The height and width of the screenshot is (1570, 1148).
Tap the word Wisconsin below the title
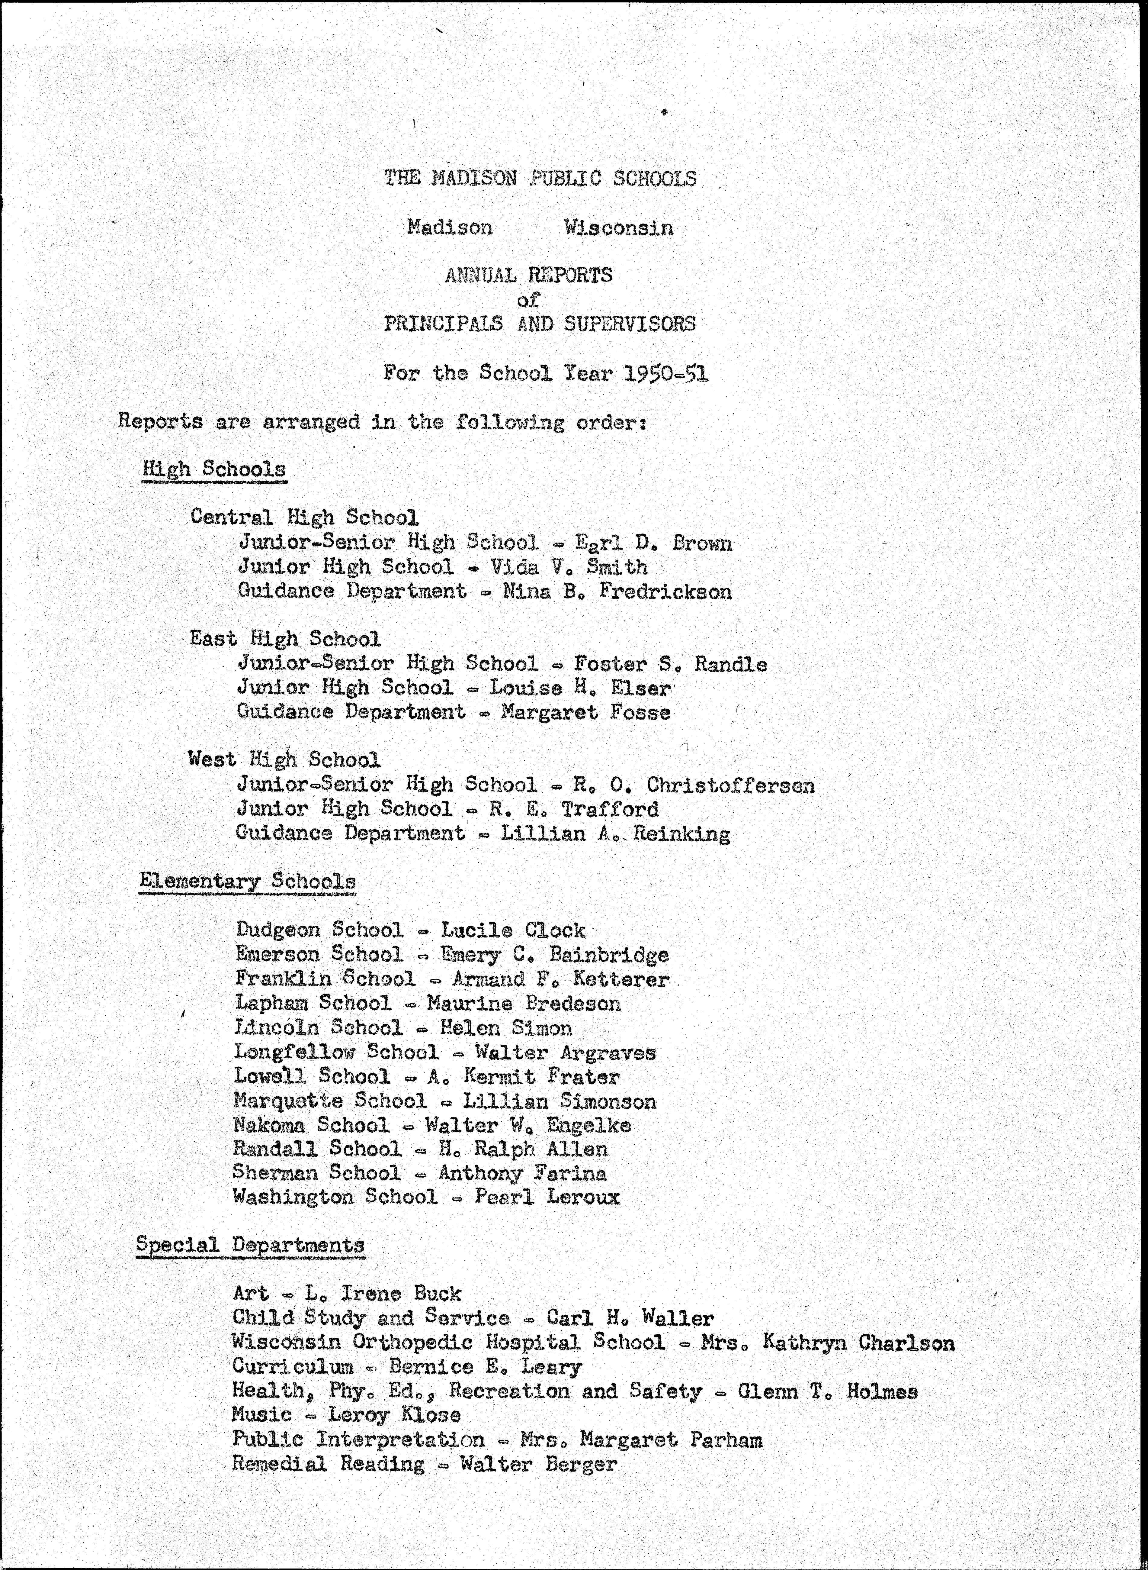click(618, 227)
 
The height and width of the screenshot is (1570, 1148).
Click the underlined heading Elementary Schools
click(247, 881)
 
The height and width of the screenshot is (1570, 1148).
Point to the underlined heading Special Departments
click(250, 1244)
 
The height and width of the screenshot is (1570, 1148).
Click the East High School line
click(285, 638)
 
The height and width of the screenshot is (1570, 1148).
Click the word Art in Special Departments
click(250, 1293)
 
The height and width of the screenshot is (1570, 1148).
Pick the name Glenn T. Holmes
click(827, 1391)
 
